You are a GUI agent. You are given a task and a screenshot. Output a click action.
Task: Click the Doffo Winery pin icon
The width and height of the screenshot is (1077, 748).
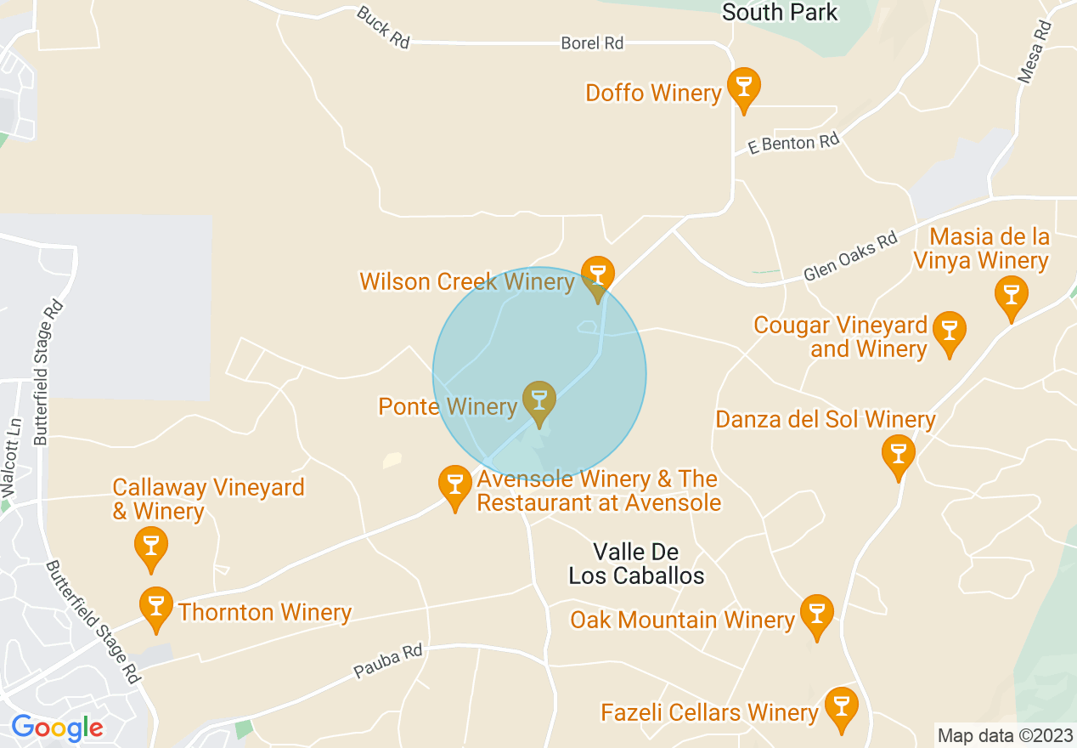tap(743, 88)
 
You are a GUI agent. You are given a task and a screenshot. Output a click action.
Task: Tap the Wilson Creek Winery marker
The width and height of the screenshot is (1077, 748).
tap(597, 276)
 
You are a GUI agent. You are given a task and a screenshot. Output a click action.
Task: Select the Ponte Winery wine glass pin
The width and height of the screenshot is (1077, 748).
tap(538, 401)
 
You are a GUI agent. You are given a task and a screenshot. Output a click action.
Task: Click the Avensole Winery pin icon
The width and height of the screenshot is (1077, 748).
tap(455, 485)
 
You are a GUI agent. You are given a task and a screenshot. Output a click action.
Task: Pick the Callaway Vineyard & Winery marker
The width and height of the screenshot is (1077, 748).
tap(151, 547)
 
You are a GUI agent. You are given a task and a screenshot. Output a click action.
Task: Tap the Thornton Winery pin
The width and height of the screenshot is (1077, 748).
tap(155, 607)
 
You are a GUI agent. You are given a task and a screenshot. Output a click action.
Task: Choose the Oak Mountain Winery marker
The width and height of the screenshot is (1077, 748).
tap(816, 615)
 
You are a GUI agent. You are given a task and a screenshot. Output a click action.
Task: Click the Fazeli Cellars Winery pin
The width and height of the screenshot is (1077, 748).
tap(841, 707)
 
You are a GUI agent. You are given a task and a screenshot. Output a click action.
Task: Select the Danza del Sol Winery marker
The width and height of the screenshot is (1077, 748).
tap(898, 454)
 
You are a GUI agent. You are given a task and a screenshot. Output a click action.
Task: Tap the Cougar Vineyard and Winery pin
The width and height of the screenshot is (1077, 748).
tap(949, 331)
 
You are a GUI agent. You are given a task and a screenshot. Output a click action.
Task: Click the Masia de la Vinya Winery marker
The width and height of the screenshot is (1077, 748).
tap(1011, 296)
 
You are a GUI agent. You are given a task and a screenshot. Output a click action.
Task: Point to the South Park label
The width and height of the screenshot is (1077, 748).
tap(779, 12)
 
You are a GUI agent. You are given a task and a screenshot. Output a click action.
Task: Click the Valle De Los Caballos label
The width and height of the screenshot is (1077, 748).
tap(636, 564)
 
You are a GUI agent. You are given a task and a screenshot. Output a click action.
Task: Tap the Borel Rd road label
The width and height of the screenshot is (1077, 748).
tap(592, 42)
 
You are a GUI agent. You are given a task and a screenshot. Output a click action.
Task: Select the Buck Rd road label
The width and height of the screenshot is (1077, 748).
tap(384, 26)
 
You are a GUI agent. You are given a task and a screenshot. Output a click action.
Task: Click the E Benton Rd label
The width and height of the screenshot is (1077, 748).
tap(792, 144)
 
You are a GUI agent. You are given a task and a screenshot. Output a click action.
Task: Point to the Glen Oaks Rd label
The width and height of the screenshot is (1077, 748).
tap(851, 257)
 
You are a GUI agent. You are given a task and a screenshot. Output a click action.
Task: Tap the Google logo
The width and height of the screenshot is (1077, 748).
tap(57, 728)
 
